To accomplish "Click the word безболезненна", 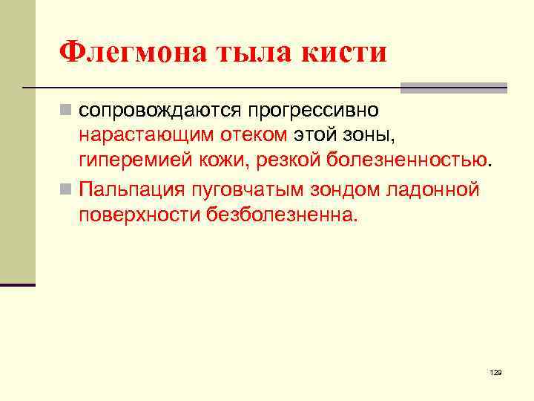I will [x=282, y=214].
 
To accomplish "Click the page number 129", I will [x=495, y=371].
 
